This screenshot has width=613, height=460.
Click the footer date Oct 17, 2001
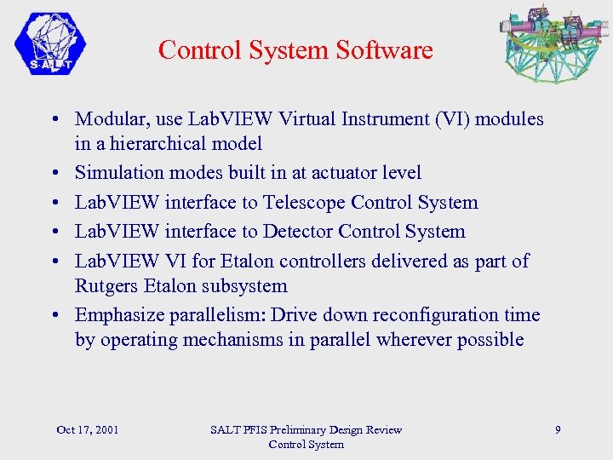pyautogui.click(x=87, y=429)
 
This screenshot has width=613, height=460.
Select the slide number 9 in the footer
pyautogui.click(x=558, y=429)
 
